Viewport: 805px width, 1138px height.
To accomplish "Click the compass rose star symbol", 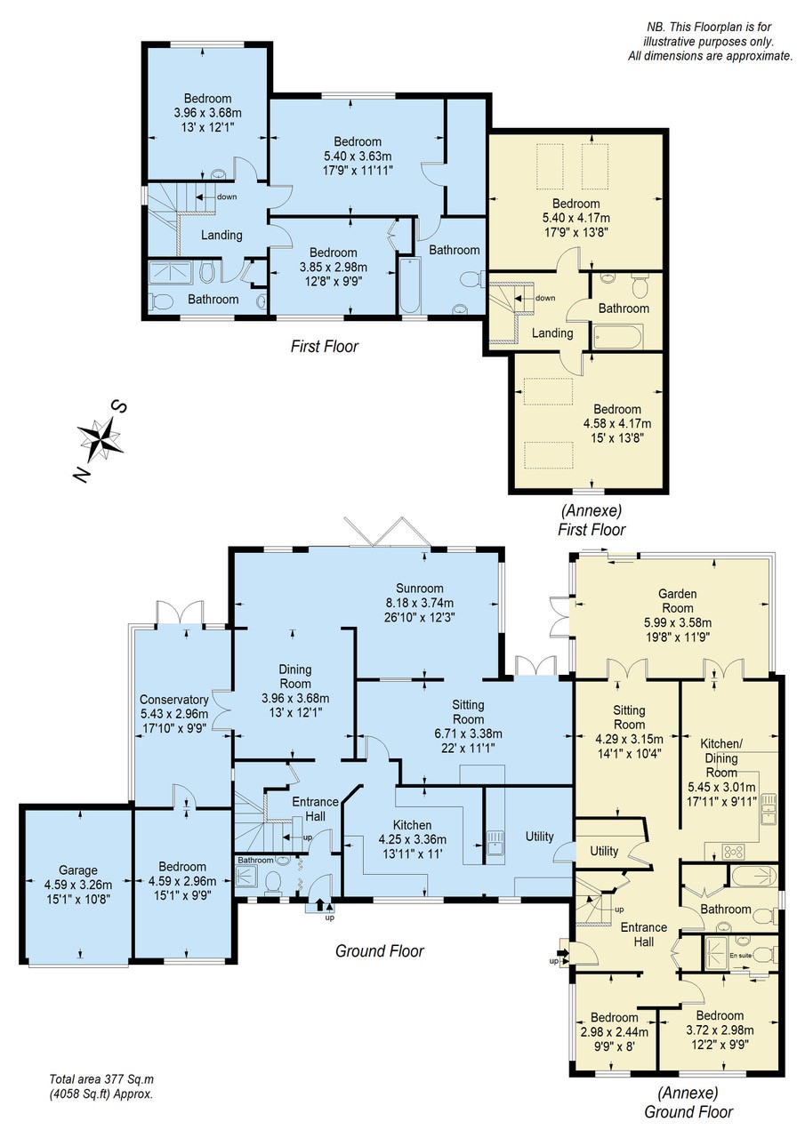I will (99, 438).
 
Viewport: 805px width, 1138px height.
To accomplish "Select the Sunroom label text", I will (419, 588).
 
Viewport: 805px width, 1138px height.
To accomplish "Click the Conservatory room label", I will (173, 699).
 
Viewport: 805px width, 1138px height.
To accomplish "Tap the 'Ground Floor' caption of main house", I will (379, 951).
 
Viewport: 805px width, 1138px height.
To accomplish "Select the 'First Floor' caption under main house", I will (324, 347).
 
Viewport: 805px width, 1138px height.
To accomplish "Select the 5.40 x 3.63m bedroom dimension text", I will (358, 156).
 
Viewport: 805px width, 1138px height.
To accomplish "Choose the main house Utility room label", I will (539, 837).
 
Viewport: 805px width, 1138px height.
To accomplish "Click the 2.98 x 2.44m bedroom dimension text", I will (615, 1031).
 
